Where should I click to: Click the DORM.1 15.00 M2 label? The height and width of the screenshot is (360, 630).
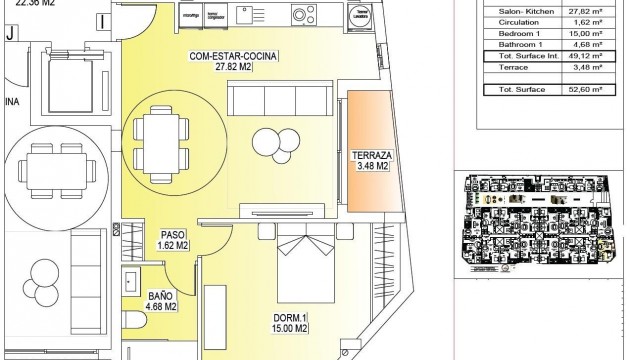pos(292,326)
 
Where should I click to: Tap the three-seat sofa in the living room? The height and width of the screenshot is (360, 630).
pos(270,100)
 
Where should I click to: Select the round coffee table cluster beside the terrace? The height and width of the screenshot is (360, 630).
pos(270,142)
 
